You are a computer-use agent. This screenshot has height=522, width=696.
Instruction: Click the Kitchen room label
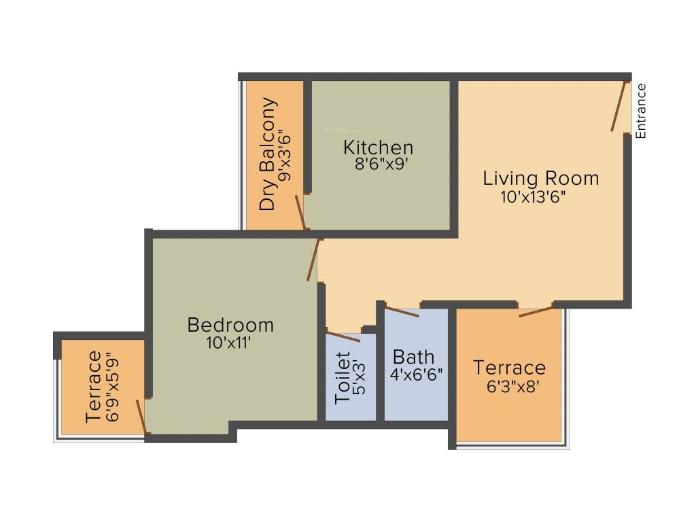pos(378,147)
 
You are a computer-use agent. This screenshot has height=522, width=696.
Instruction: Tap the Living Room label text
pos(540,178)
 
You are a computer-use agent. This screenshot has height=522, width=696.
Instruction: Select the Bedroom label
pos(230,325)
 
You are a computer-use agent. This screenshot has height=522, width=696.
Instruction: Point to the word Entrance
pos(640,111)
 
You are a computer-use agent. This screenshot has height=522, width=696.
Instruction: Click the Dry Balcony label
pos(269,154)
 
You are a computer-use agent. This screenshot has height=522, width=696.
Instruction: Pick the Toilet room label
pos(343,378)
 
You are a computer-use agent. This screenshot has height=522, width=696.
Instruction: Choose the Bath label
pos(413,356)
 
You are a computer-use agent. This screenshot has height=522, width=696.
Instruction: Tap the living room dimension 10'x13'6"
pos(533,197)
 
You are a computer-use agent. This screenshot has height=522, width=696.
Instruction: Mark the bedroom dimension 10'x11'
pos(230,343)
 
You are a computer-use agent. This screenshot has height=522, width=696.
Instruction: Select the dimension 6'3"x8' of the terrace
pos(509,386)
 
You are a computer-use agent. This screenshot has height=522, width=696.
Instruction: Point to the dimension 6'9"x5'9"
pos(112,387)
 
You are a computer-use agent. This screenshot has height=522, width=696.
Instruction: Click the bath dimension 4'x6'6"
pos(417,374)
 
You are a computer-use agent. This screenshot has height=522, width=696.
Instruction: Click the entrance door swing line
pos(618,106)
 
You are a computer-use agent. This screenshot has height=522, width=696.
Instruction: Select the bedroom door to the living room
pos(313,260)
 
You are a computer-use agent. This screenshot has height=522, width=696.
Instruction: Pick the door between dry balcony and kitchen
pos(300,212)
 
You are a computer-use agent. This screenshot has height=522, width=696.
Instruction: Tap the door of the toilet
pos(343,336)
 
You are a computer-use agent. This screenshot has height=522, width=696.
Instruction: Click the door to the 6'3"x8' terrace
pos(536,311)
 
